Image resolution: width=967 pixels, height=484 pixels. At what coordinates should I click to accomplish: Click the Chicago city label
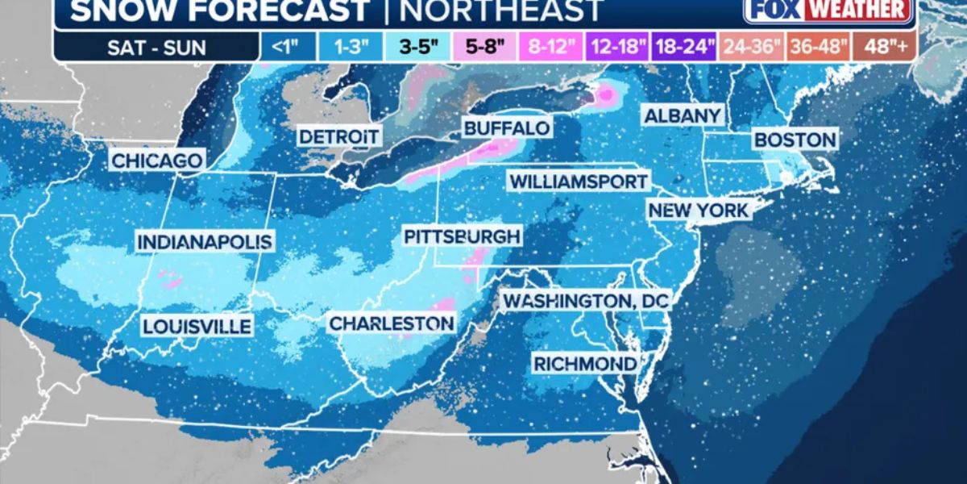tap(156, 161)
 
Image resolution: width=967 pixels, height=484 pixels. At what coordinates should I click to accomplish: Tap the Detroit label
tap(339, 136)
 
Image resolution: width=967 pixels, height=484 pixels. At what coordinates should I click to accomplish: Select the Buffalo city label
tap(507, 128)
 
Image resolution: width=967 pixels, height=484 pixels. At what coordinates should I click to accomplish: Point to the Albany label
tap(683, 115)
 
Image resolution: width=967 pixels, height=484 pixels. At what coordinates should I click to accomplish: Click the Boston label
tap(795, 140)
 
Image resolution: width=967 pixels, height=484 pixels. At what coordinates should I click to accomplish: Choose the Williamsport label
tap(579, 181)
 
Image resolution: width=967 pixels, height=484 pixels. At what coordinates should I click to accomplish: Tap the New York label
tap(699, 211)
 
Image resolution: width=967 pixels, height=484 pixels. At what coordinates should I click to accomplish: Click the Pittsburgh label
tap(462, 236)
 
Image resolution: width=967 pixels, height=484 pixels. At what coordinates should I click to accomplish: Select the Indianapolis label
tap(205, 241)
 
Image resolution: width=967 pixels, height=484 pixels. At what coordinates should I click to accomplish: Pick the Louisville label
tap(197, 327)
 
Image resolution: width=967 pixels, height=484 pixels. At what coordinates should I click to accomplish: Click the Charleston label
tap(392, 323)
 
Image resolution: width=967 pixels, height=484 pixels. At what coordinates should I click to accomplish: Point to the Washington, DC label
tap(587, 301)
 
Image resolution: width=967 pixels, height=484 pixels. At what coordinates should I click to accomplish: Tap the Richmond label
tap(585, 364)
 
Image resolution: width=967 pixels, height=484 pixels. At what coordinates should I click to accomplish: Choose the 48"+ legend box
tap(886, 47)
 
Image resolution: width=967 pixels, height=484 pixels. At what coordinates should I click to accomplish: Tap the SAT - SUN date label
tap(158, 47)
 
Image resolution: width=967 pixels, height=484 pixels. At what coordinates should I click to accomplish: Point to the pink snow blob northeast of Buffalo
tap(604, 95)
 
